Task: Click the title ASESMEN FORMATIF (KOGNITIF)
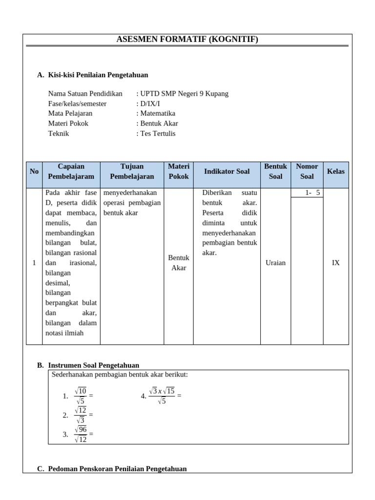pyautogui.click(x=187, y=40)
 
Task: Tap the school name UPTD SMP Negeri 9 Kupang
pyautogui.click(x=184, y=94)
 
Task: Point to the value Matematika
pyautogui.click(x=158, y=113)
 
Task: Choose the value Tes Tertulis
pyautogui.click(x=158, y=133)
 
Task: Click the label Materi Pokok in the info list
pyautogui.click(x=68, y=124)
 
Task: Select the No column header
pyautogui.click(x=34, y=171)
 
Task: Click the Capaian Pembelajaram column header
pyautogui.click(x=71, y=171)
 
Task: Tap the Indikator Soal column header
pyautogui.click(x=227, y=171)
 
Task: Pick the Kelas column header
pyautogui.click(x=335, y=171)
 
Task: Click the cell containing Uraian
pyautogui.click(x=275, y=263)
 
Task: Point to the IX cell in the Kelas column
pyautogui.click(x=335, y=263)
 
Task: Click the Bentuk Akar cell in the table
pyautogui.click(x=178, y=263)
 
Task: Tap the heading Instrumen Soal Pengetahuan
pyautogui.click(x=93, y=365)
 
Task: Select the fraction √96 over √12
pyautogui.click(x=81, y=434)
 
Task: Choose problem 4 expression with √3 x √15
pyautogui.click(x=162, y=396)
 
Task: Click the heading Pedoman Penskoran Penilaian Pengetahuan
pyautogui.click(x=117, y=469)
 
